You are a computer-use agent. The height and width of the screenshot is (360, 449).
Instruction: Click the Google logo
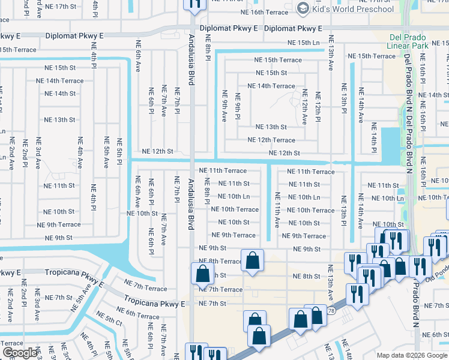coord(20,353)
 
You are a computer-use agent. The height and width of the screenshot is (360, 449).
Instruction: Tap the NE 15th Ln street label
coord(304,43)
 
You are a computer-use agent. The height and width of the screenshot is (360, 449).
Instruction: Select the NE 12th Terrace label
coord(271,140)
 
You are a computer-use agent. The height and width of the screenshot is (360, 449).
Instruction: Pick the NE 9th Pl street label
coord(238,106)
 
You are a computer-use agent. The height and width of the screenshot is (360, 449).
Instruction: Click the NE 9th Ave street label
coord(224,106)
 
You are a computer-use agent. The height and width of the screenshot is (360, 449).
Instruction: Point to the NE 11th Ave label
coord(277,210)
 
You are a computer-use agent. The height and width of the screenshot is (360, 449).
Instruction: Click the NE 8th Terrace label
coord(220,262)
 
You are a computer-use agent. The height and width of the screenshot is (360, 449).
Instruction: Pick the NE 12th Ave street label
coord(304,107)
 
